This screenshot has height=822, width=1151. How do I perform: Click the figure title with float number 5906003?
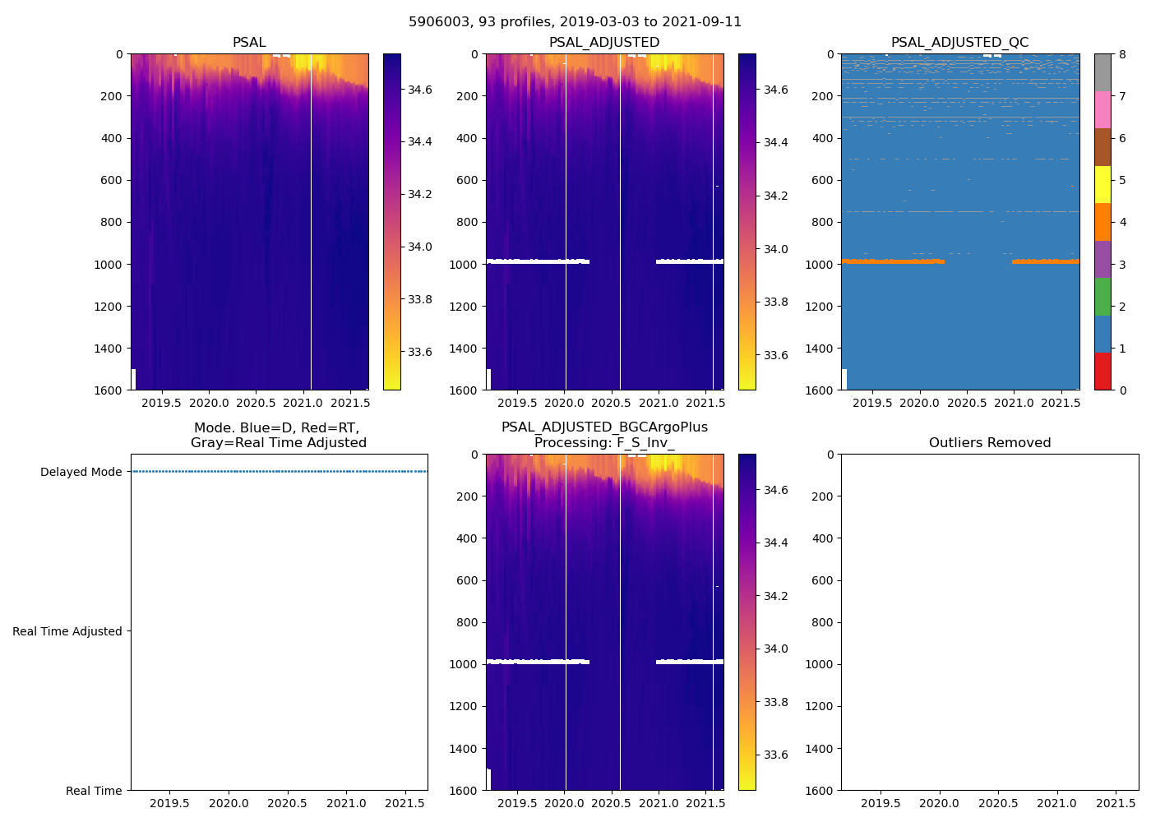coord(575,22)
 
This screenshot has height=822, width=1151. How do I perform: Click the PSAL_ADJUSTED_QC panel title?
coord(959,43)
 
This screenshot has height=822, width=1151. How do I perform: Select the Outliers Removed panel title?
coord(990,443)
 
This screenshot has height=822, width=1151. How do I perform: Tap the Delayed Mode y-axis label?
coord(81,472)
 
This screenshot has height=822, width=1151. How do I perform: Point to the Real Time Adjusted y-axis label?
coord(67,631)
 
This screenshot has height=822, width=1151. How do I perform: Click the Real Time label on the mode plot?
coord(94,791)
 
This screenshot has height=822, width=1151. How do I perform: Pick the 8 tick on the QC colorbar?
coord(1122,54)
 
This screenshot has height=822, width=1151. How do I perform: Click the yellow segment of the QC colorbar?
coord(1102,185)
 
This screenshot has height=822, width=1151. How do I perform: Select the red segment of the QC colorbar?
coord(1102,371)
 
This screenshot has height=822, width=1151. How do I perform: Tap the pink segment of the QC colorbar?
coord(1102,110)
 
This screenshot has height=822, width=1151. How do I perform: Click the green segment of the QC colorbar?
coord(1102,297)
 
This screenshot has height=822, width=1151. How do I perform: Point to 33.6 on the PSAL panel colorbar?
coord(420,352)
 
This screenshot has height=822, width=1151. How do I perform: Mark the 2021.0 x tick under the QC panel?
coord(1014,404)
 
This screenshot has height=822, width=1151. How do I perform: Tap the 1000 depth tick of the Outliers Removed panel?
coord(822,664)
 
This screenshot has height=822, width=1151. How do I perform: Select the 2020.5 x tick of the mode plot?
coord(287,804)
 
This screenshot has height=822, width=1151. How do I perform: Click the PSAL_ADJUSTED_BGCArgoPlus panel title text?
coord(604,427)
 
